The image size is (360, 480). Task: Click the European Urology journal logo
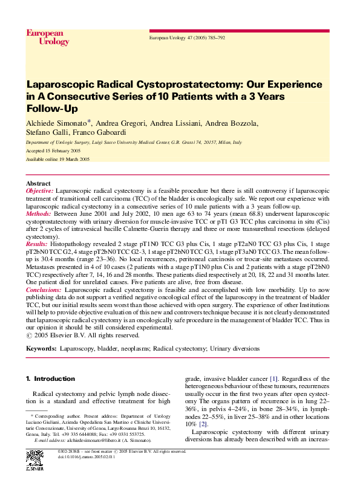47,37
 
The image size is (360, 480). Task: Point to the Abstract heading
38,183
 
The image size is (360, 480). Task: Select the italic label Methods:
38,213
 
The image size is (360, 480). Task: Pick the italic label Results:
38,244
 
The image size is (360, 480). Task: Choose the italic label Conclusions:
44,290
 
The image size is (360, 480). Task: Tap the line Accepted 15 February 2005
53,150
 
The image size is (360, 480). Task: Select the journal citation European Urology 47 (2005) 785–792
187,37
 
